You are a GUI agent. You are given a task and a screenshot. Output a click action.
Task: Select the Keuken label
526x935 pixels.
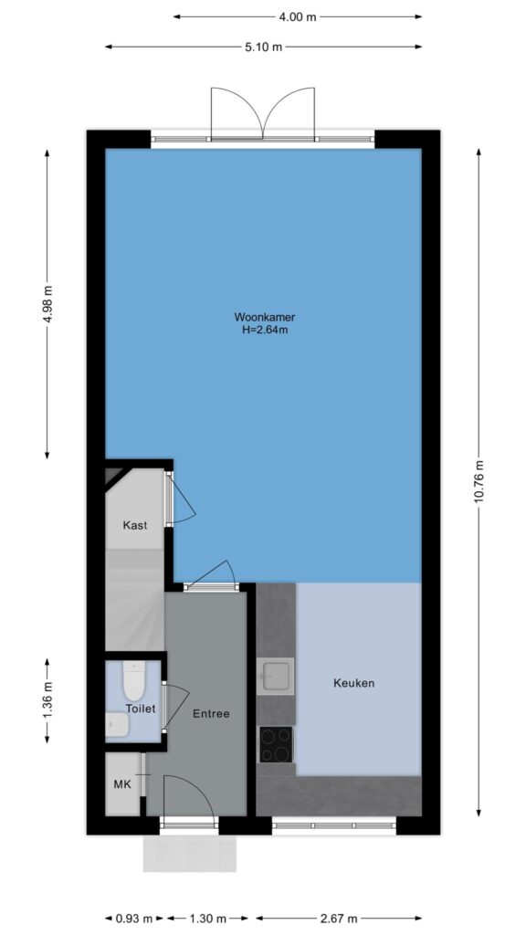353,683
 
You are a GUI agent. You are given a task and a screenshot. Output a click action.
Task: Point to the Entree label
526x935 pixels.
211,713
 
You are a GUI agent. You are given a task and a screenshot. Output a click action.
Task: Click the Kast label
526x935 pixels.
135,525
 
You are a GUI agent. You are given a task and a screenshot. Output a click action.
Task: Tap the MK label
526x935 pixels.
122,783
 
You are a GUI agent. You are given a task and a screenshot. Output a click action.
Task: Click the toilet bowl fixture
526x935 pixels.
133,681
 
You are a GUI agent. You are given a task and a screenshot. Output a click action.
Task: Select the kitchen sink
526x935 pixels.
276,677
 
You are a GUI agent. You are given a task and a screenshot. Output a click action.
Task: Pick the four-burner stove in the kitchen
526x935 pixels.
276,744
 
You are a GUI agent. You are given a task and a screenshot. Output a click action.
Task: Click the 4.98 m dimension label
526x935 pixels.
48,303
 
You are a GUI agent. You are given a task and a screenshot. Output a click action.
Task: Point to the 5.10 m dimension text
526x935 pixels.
263,47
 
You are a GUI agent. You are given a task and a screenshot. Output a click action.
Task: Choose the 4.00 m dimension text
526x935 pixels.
298,16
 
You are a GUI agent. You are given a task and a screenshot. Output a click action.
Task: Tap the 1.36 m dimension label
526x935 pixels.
48,700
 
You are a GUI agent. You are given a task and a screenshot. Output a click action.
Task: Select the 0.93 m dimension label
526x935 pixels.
135,918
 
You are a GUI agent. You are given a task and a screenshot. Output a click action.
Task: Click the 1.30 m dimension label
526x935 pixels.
207,918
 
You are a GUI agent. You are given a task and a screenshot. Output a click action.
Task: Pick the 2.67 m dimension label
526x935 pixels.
338,918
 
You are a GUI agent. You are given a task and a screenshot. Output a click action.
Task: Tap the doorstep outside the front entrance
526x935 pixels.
190,854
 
